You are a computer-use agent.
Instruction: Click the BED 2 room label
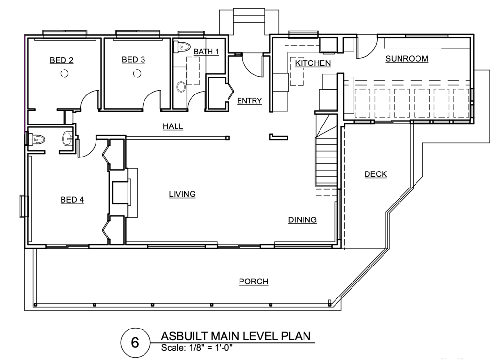[62, 60]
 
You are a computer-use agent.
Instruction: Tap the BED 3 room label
[133, 60]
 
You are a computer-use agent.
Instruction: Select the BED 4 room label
[72, 200]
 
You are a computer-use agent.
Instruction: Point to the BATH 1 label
[206, 51]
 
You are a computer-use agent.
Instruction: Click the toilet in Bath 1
[181, 47]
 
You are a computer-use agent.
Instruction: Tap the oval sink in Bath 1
[180, 86]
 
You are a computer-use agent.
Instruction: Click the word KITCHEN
[313, 63]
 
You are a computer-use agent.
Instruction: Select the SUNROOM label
[407, 59]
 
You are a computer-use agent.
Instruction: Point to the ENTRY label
[250, 100]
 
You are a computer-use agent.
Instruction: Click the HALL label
[173, 126]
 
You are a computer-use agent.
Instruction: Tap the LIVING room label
[182, 194]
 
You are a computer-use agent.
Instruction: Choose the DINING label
[303, 219]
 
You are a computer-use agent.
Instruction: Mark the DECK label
[376, 174]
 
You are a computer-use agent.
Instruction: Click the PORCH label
[254, 282]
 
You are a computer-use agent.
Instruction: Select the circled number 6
[135, 342]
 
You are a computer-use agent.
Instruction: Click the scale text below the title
[197, 348]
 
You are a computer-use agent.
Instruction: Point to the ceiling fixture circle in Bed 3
[137, 74]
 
